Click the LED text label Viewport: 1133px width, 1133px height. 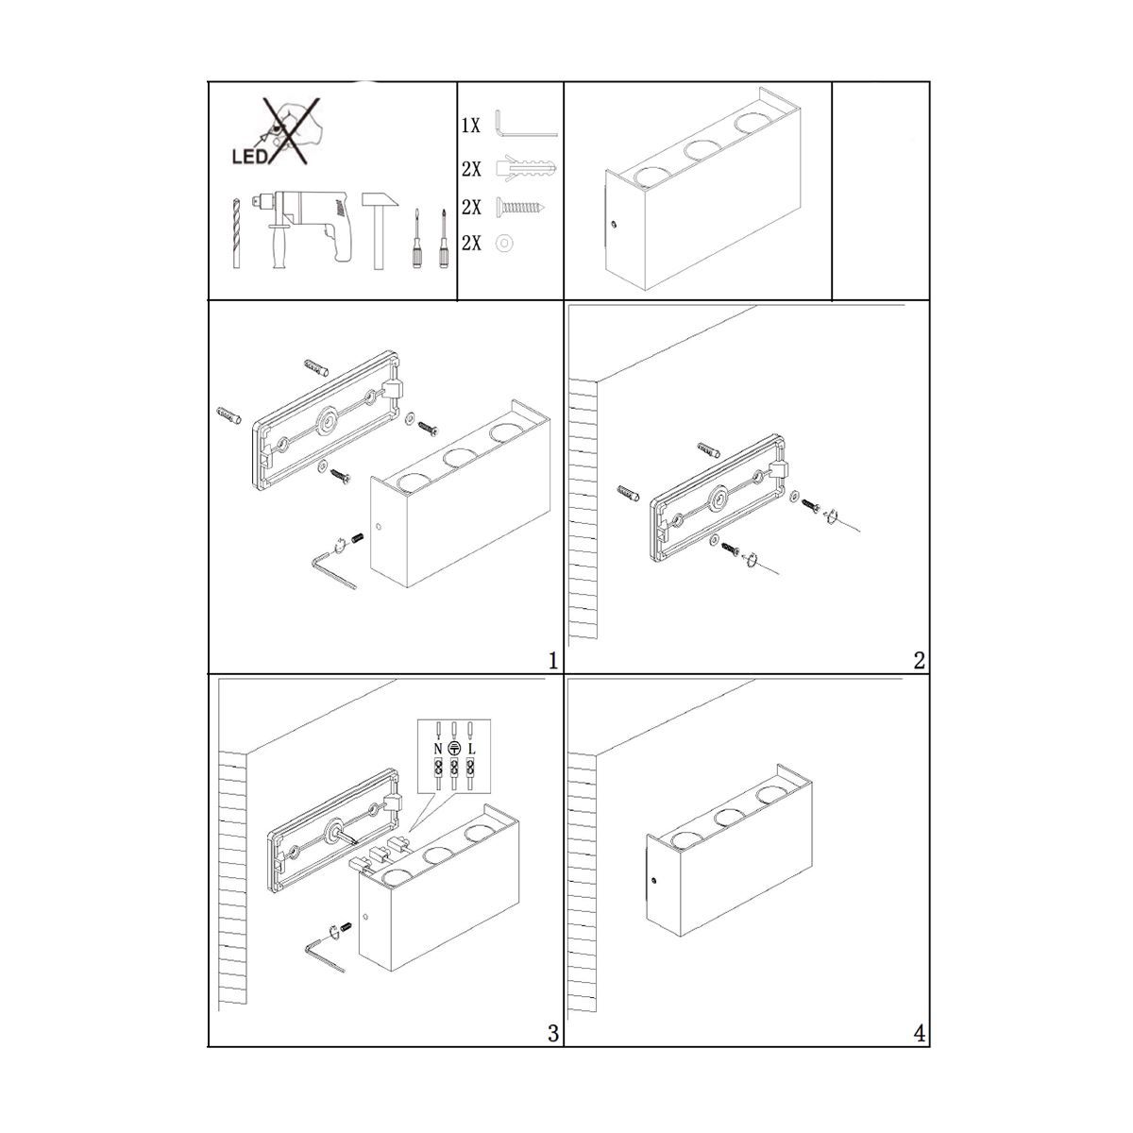point(250,157)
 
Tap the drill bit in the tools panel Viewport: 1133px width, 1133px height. point(236,233)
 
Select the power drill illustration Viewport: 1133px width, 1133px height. point(301,228)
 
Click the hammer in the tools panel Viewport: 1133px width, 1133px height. point(380,229)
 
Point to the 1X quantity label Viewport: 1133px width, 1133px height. point(471,126)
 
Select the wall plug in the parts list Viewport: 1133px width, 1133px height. point(526,169)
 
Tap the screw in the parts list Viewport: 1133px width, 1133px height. point(521,207)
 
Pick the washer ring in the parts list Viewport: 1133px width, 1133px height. point(504,243)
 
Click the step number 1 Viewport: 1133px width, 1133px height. point(552,661)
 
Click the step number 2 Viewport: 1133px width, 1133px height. point(920,661)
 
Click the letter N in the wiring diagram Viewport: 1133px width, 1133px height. point(437,749)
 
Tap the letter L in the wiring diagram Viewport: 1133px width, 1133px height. point(471,749)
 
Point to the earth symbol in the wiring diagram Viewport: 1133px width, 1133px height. point(454,749)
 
